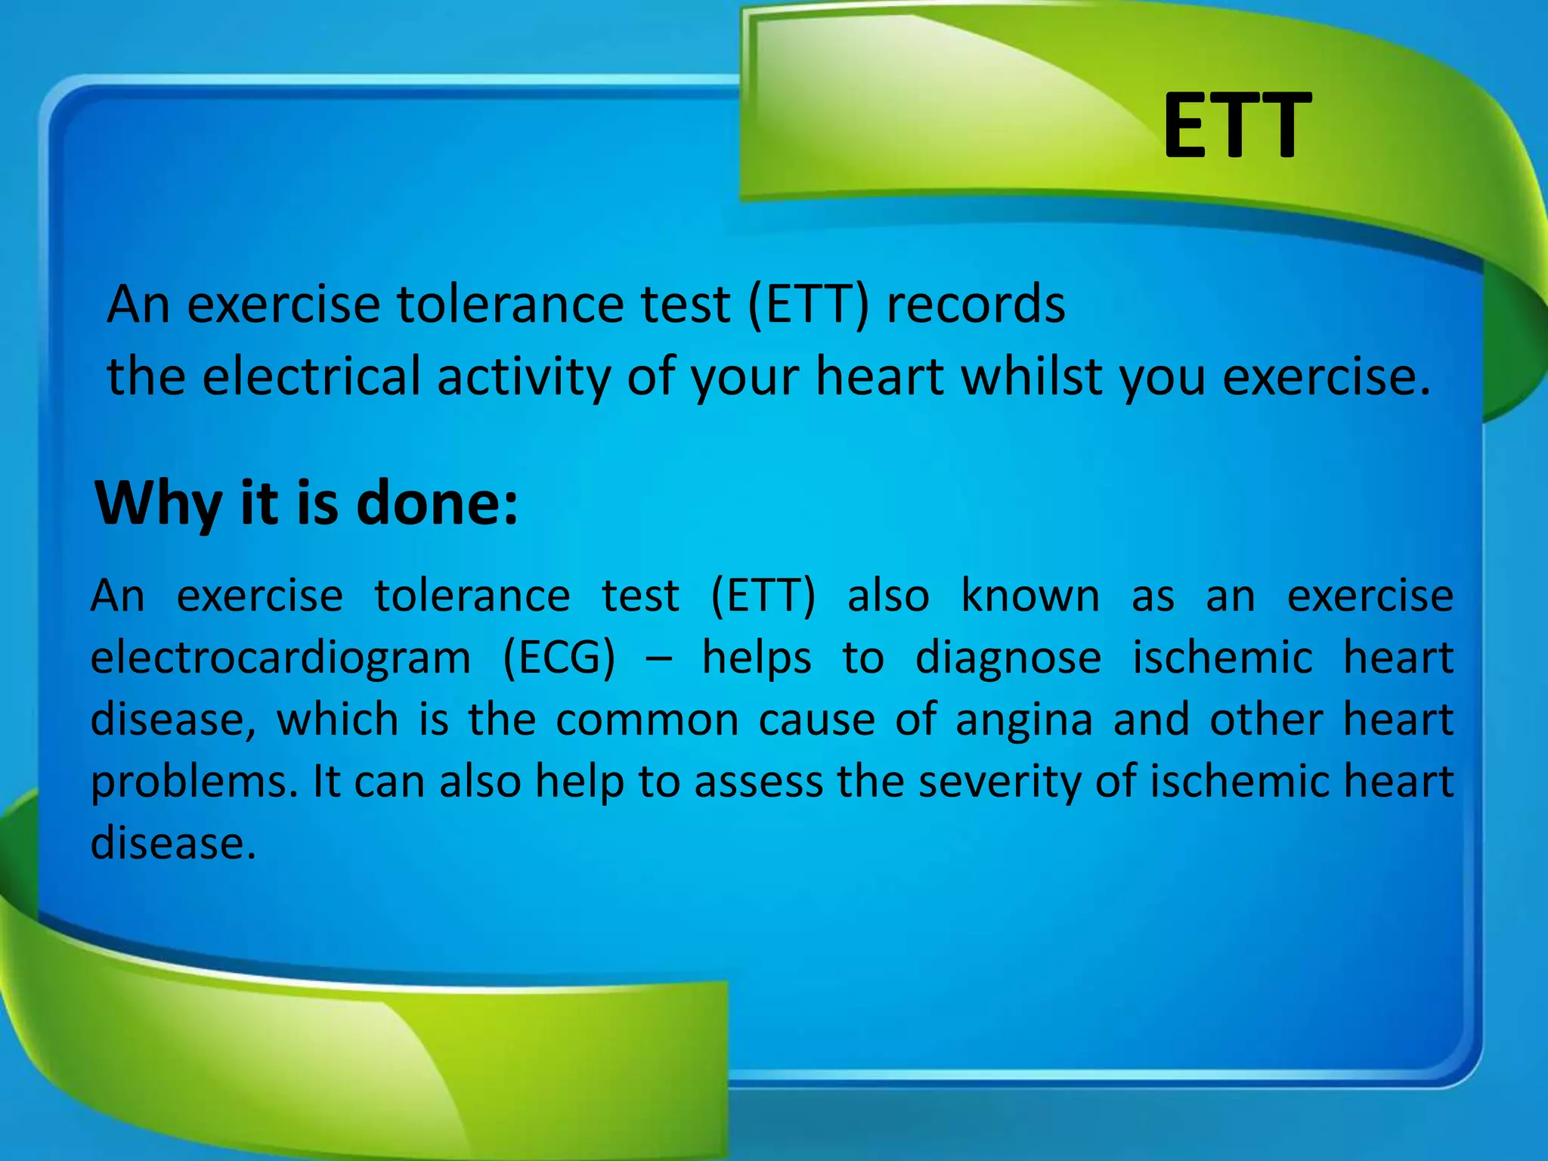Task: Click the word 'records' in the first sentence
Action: pos(975,304)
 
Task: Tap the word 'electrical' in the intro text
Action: pos(311,376)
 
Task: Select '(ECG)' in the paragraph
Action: pos(559,657)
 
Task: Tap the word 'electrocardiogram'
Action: pos(280,657)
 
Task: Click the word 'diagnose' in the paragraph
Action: pos(1008,657)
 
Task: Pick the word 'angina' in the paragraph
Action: pos(1023,719)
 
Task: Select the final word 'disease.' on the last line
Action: pos(173,843)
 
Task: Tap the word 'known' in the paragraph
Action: pos(1030,596)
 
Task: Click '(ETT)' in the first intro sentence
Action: pos(808,304)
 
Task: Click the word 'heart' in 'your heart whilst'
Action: pos(880,376)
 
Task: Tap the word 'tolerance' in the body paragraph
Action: pos(472,596)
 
